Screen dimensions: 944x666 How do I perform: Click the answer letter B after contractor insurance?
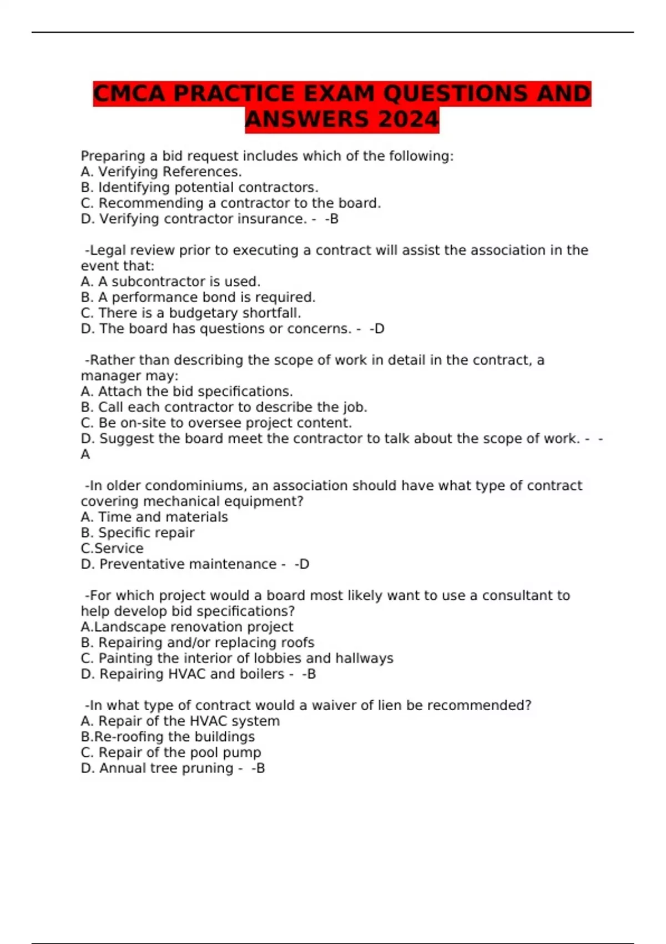tap(334, 219)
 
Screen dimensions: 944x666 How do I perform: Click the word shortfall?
tap(272, 313)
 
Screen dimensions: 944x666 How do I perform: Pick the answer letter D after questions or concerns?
tap(380, 329)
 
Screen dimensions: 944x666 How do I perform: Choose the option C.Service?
tap(112, 548)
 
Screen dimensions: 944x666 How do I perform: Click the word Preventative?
tap(142, 564)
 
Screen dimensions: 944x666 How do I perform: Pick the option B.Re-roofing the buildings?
tap(168, 737)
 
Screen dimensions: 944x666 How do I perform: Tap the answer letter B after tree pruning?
tap(260, 768)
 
